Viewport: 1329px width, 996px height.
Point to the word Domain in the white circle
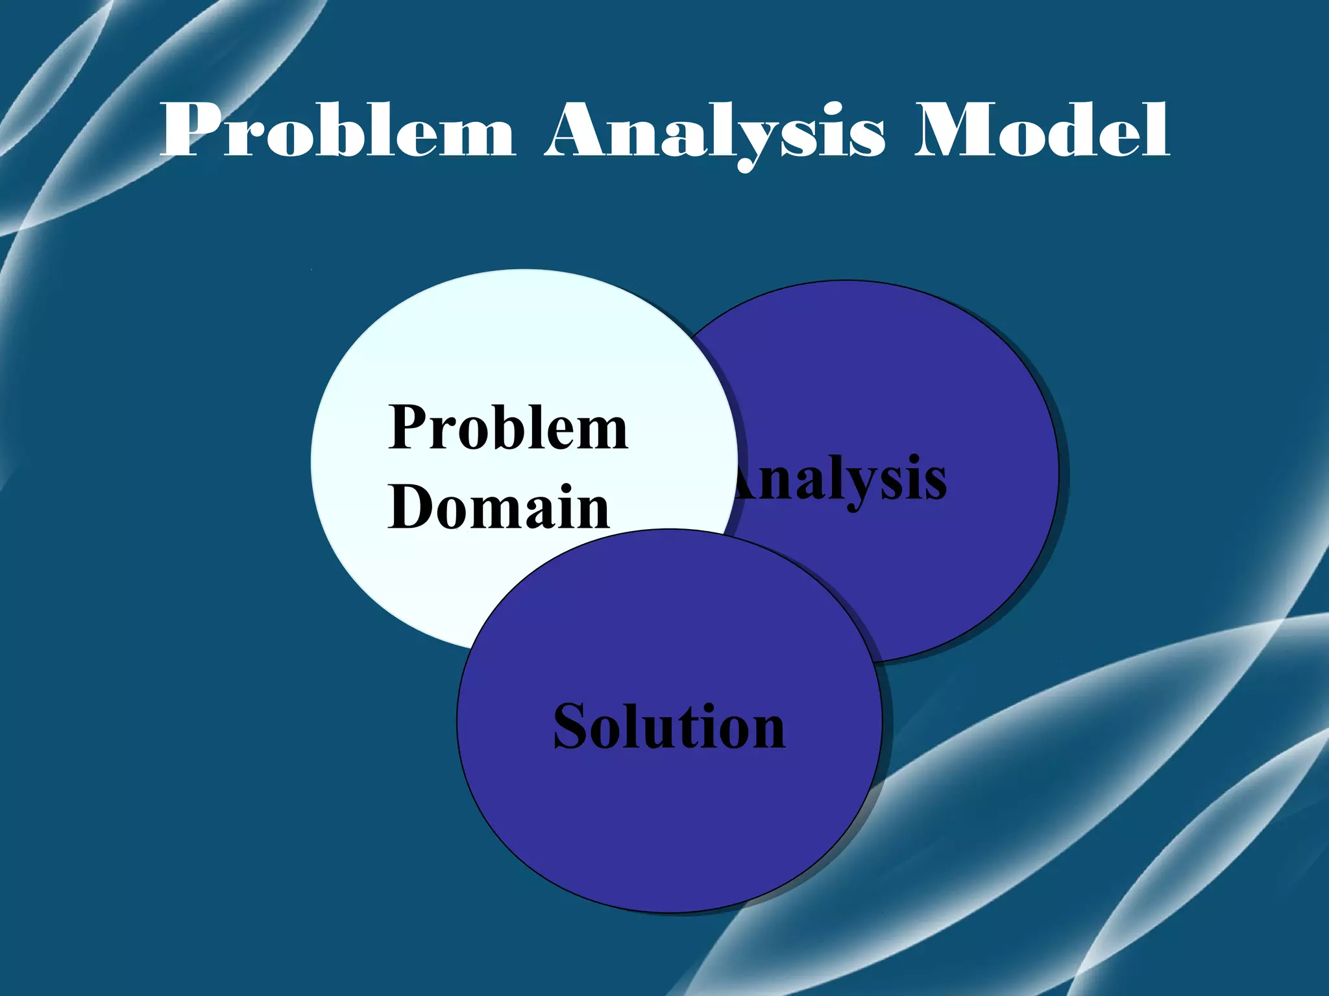click(499, 507)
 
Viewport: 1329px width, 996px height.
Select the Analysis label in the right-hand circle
click(840, 480)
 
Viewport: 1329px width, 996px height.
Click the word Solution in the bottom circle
click(669, 727)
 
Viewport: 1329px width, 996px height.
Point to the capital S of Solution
click(571, 727)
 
